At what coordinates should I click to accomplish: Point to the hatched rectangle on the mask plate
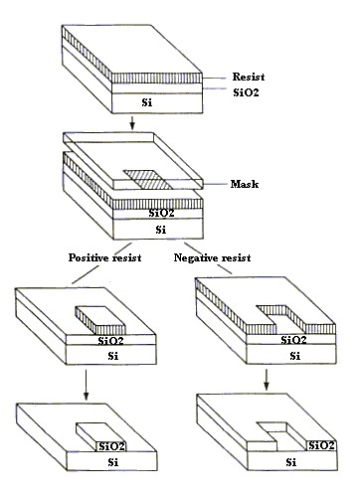(x=148, y=177)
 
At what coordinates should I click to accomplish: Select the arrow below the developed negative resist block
(x=268, y=382)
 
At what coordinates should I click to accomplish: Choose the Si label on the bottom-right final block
(x=289, y=461)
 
